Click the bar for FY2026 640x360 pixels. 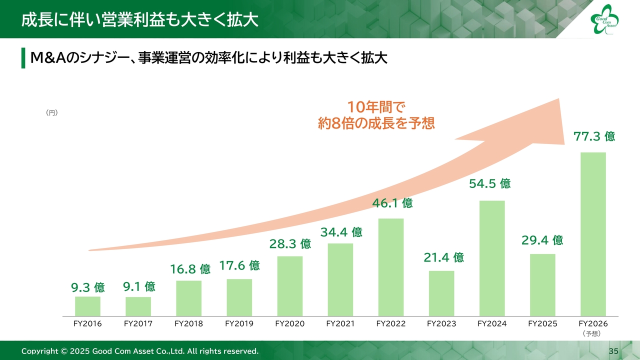point(593,233)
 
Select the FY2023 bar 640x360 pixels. point(441,293)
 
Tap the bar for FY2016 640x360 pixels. point(87,306)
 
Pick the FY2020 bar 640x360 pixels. point(290,286)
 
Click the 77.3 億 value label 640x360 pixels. point(594,136)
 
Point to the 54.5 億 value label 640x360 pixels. point(490,184)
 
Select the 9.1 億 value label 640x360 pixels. point(139,287)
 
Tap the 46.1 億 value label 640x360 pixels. point(392,203)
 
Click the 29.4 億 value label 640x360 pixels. point(542,240)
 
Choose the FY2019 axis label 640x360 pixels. point(239,323)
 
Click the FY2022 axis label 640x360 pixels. point(391,323)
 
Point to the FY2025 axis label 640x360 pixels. point(542,323)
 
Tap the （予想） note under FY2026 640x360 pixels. point(593,333)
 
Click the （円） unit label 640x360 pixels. point(52,113)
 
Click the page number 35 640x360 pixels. point(613,351)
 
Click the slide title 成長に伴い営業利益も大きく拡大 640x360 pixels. point(139,20)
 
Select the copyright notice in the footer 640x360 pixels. point(140,351)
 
